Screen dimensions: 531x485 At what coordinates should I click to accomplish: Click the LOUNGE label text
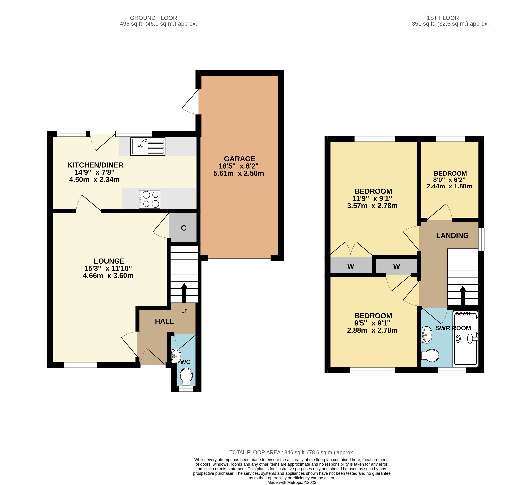click(x=109, y=261)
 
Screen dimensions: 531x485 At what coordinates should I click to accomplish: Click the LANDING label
click(x=452, y=235)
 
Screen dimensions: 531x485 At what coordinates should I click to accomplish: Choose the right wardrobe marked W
click(x=396, y=266)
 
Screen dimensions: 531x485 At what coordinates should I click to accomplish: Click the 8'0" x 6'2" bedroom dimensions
click(x=449, y=180)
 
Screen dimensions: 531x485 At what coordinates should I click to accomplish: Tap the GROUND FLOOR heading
click(x=153, y=18)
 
